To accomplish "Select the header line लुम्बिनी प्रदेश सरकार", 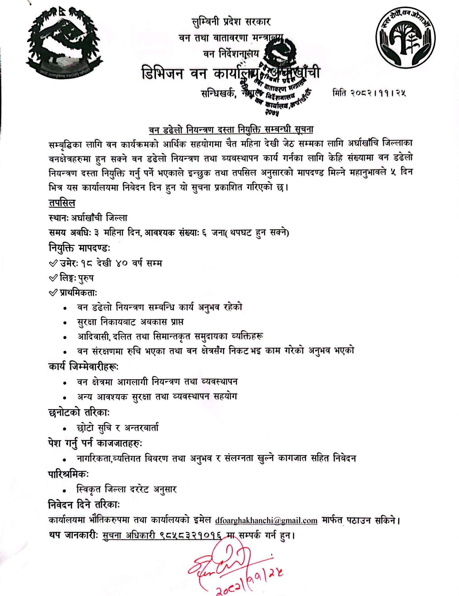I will (231, 22).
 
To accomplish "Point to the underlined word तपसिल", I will (62, 203).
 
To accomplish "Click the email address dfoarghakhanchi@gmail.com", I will (266, 520).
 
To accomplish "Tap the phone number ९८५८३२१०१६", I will (190, 535).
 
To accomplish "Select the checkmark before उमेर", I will (53, 263).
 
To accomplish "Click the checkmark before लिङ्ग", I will (53, 278).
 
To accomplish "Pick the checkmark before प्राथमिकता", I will (53, 293).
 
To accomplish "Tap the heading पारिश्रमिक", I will (68, 474).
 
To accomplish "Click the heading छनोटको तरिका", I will (79, 412).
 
